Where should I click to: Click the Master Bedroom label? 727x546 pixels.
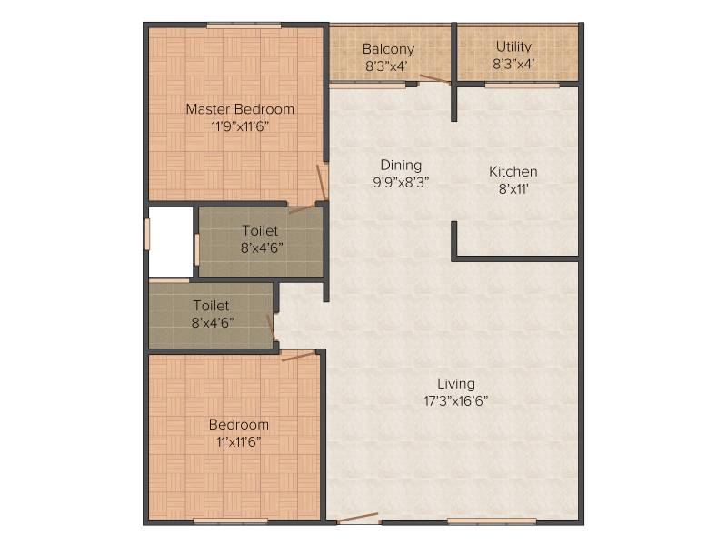pyautogui.click(x=240, y=109)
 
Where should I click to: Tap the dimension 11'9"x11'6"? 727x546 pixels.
pyautogui.click(x=240, y=126)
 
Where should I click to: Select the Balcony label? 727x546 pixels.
pyautogui.click(x=388, y=49)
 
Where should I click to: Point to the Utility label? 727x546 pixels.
pyautogui.click(x=513, y=47)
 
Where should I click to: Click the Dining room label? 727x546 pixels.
pyautogui.click(x=401, y=166)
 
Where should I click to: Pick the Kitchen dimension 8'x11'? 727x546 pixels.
pyautogui.click(x=513, y=189)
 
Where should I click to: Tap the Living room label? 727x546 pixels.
pyautogui.click(x=456, y=383)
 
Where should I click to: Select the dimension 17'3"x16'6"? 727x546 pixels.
pyautogui.click(x=456, y=400)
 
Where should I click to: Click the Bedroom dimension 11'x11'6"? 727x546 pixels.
pyautogui.click(x=239, y=441)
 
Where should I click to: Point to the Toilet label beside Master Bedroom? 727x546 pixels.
pyautogui.click(x=260, y=231)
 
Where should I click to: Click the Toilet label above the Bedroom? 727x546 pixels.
pyautogui.click(x=211, y=306)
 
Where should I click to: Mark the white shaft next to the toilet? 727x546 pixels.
pyautogui.click(x=171, y=241)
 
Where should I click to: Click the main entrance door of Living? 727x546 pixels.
pyautogui.click(x=358, y=518)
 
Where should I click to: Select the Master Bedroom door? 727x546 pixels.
pyautogui.click(x=323, y=183)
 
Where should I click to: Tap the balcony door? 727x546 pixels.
pyautogui.click(x=434, y=79)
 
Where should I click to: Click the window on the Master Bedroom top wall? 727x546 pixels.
pyautogui.click(x=244, y=26)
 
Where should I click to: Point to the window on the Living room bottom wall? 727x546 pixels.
pyautogui.click(x=492, y=521)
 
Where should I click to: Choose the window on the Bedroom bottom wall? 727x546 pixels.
pyautogui.click(x=231, y=521)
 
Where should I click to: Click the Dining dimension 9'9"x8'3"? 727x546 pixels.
pyautogui.click(x=401, y=182)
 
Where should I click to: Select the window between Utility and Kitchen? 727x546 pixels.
pyautogui.click(x=522, y=85)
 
